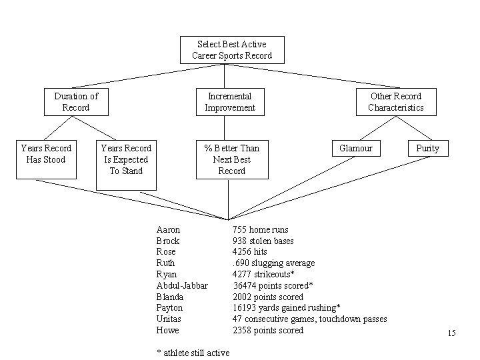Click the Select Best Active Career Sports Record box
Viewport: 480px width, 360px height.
[x=232, y=50]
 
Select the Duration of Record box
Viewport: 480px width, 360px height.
[x=75, y=102]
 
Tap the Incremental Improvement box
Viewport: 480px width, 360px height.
[x=230, y=102]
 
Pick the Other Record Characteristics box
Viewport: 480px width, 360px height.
[x=395, y=102]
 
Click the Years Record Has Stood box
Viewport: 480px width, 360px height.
[x=45, y=159]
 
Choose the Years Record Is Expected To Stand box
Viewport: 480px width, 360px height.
[x=125, y=159]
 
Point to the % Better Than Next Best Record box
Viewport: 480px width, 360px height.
[x=232, y=159]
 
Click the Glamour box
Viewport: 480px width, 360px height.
[x=356, y=148]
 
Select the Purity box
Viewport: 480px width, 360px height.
[x=427, y=148]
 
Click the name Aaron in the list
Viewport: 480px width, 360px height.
[x=168, y=229]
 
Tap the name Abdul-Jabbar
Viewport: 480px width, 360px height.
[x=182, y=285]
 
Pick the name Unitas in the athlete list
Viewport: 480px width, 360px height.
[x=170, y=319]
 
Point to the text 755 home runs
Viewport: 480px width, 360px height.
[x=261, y=229]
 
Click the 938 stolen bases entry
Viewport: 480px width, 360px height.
[x=263, y=241]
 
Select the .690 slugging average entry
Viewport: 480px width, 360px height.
[x=273, y=263]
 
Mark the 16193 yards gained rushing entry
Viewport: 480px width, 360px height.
[x=287, y=307]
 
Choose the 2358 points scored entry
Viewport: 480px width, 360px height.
[x=268, y=330]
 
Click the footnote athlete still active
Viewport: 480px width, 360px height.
[x=193, y=353]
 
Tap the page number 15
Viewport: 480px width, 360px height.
[x=451, y=333]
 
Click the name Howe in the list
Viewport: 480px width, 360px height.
[x=167, y=330]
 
